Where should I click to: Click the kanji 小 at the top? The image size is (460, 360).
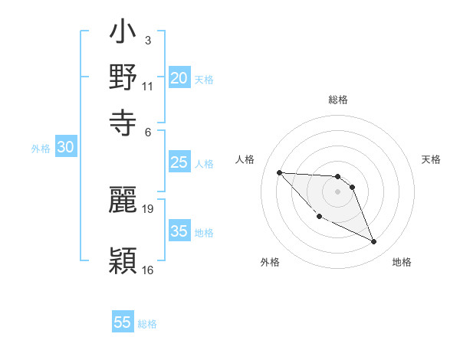[123, 35]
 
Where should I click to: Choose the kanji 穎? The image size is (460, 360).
[123, 260]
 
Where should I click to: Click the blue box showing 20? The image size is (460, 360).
[179, 77]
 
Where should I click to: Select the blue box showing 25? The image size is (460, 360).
[179, 162]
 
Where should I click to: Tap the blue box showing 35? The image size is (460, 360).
[179, 231]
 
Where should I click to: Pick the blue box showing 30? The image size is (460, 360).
[65, 148]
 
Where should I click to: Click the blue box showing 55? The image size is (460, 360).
[123, 322]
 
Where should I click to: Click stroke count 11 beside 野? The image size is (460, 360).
[148, 86]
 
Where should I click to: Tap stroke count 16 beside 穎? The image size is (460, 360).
[148, 270]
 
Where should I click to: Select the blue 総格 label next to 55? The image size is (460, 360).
[147, 324]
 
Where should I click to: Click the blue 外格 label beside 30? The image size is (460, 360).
[41, 149]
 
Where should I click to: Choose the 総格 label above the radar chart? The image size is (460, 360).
[337, 100]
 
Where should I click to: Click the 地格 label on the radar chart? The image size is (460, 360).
[402, 262]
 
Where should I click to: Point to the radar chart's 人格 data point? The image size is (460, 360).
[279, 172]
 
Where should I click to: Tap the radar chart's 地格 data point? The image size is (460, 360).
[374, 242]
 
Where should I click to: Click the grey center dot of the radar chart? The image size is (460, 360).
[337, 191]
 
